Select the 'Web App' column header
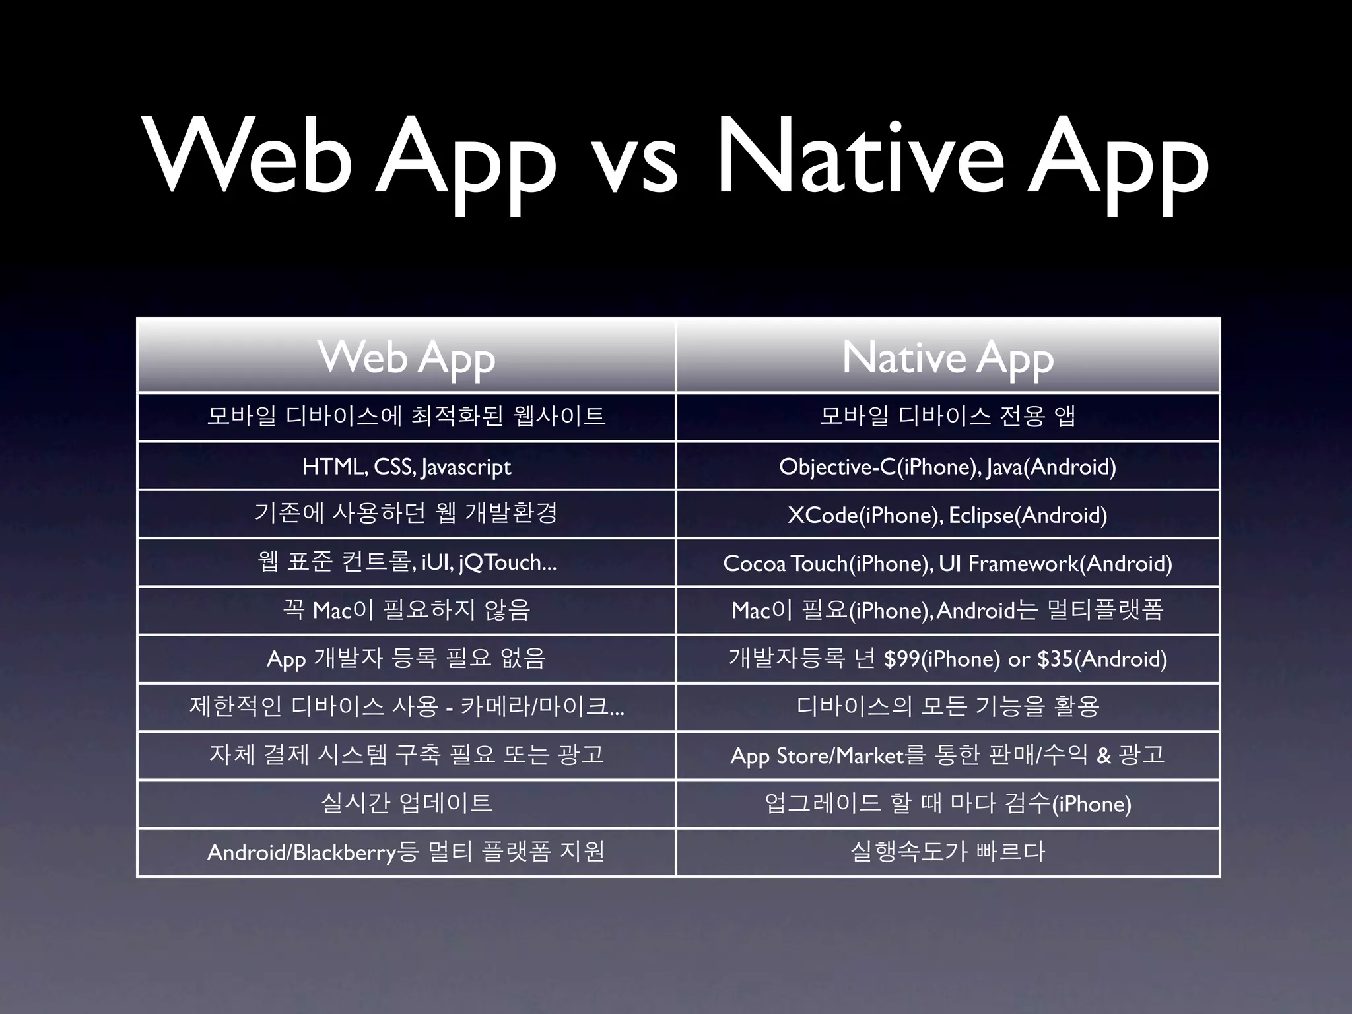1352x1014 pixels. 407,358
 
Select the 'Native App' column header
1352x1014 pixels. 947,358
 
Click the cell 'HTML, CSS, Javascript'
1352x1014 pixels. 407,467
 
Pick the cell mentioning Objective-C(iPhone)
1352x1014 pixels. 947,467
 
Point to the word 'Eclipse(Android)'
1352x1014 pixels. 1028,515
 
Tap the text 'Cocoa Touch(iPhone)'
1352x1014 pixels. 827,563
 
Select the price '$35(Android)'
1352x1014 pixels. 1102,659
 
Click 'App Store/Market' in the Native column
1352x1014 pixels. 817,755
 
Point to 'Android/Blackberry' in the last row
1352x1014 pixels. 301,852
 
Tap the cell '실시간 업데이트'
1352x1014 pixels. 407,803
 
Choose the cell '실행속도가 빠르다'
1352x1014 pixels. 947,852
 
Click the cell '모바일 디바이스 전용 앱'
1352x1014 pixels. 947,417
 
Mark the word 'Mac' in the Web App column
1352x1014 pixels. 331,611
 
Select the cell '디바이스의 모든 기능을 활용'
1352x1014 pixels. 947,706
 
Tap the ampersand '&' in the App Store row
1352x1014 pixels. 1103,755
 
